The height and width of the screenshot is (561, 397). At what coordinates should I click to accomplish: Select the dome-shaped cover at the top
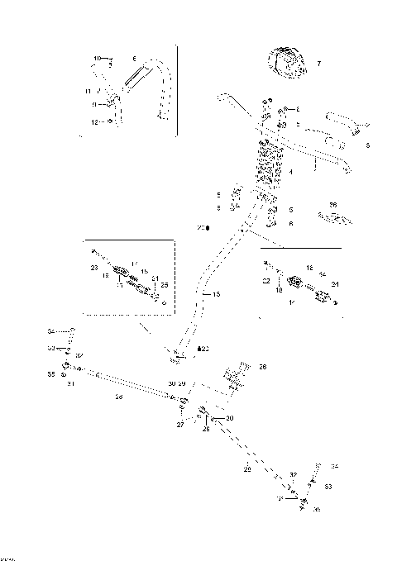point(286,63)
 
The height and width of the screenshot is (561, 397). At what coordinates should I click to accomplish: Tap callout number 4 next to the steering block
point(291,173)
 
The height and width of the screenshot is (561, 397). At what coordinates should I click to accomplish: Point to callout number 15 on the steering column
point(217,293)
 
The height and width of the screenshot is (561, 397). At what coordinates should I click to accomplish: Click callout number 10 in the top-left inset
point(97,59)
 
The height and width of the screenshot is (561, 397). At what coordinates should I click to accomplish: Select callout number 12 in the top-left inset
point(96,121)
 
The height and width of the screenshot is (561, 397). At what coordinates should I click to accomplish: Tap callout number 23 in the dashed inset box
point(94,268)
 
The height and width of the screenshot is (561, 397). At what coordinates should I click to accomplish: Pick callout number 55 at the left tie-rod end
point(50,374)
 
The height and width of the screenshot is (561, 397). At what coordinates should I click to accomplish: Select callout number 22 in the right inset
point(266,282)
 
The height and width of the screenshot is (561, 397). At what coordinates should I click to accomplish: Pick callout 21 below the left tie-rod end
point(70,383)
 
